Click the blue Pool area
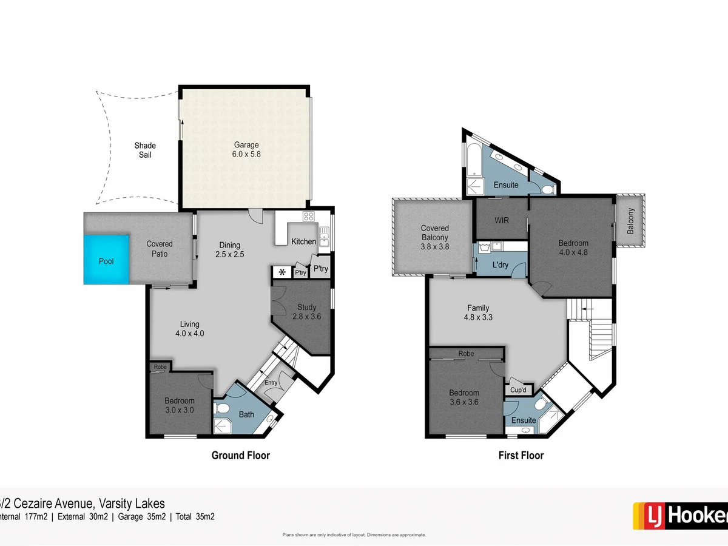click(x=106, y=260)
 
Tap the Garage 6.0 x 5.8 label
click(x=246, y=149)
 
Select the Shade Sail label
click(x=145, y=150)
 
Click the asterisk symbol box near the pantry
click(x=281, y=272)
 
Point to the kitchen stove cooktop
click(x=308, y=217)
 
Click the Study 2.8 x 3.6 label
click(x=306, y=311)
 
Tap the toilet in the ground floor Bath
click(x=221, y=408)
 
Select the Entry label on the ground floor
click(x=271, y=382)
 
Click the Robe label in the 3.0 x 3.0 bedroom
click(x=160, y=367)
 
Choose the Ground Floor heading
click(x=240, y=455)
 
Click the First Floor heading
click(x=521, y=455)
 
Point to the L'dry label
click(x=500, y=265)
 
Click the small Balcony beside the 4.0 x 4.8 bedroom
click(x=630, y=221)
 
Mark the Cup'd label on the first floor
click(x=518, y=389)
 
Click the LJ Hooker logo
click(x=679, y=516)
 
